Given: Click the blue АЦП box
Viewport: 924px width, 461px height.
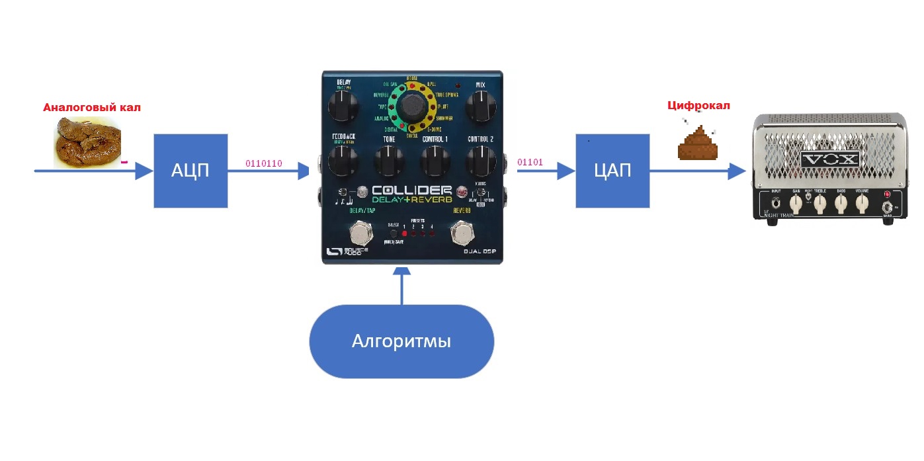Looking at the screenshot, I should click(190, 171).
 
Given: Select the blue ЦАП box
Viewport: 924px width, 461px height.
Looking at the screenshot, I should click(612, 171).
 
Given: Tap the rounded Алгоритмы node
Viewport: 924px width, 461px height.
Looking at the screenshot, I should click(401, 341).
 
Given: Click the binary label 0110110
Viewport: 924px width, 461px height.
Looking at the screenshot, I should click(264, 163).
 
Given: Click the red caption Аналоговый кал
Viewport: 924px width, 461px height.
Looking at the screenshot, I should click(92, 107).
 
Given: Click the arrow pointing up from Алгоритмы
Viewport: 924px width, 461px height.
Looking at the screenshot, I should click(401, 284).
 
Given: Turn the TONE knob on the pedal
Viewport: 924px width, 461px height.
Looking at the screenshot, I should click(388, 159).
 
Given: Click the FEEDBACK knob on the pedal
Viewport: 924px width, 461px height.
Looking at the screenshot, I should click(342, 159).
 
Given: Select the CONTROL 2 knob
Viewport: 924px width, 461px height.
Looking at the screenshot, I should click(481, 159).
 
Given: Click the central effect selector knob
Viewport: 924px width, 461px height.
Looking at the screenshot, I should click(413, 106).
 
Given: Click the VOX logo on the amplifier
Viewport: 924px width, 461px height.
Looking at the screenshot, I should click(829, 159).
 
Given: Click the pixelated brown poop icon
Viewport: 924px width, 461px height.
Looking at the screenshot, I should click(696, 144).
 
